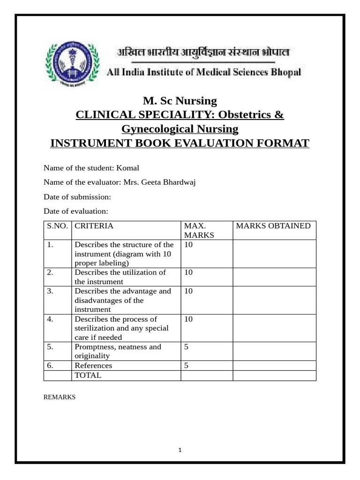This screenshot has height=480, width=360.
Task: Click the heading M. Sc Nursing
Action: [180, 101]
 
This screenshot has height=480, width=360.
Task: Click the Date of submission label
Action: [77, 197]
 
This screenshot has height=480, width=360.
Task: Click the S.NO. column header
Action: [58, 226]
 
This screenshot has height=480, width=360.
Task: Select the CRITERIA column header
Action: [94, 226]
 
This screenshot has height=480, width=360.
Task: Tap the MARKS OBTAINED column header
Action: [273, 226]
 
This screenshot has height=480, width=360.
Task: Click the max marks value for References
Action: [187, 366]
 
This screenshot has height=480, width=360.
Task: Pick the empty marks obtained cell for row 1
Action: [274, 254]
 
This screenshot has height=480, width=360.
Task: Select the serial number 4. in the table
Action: [50, 319]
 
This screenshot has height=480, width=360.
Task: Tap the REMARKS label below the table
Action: [60, 397]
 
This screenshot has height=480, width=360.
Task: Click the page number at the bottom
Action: [180, 450]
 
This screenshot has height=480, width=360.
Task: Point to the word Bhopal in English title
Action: [286, 72]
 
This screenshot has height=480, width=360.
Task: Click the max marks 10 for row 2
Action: [188, 272]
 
